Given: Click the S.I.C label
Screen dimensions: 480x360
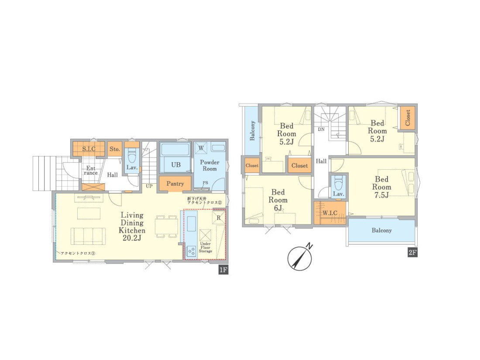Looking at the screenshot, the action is [89, 149].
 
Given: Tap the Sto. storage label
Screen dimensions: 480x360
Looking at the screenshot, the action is [115, 149].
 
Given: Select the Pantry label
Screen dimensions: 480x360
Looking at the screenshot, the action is [175, 184].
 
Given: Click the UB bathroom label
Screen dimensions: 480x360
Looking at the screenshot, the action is [176, 165].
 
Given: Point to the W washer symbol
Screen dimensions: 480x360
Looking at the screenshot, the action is [201, 148].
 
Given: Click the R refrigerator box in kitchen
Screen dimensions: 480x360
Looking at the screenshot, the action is [219, 217].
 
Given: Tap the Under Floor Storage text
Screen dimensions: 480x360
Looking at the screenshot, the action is [205, 247].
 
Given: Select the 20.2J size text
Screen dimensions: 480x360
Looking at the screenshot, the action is [132, 238].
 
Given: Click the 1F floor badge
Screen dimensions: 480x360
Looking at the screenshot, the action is [223, 270].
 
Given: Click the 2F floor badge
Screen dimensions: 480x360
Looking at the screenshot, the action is [412, 253].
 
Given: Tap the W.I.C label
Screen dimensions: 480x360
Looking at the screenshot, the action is [330, 213].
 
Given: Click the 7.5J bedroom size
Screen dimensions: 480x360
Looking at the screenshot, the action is [381, 195].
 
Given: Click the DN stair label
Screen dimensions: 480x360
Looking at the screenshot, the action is [321, 130].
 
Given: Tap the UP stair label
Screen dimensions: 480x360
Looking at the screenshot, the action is [149, 186].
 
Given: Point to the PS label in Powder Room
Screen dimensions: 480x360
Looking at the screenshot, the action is [205, 183].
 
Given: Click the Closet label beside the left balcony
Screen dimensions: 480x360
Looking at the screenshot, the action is [252, 166].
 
